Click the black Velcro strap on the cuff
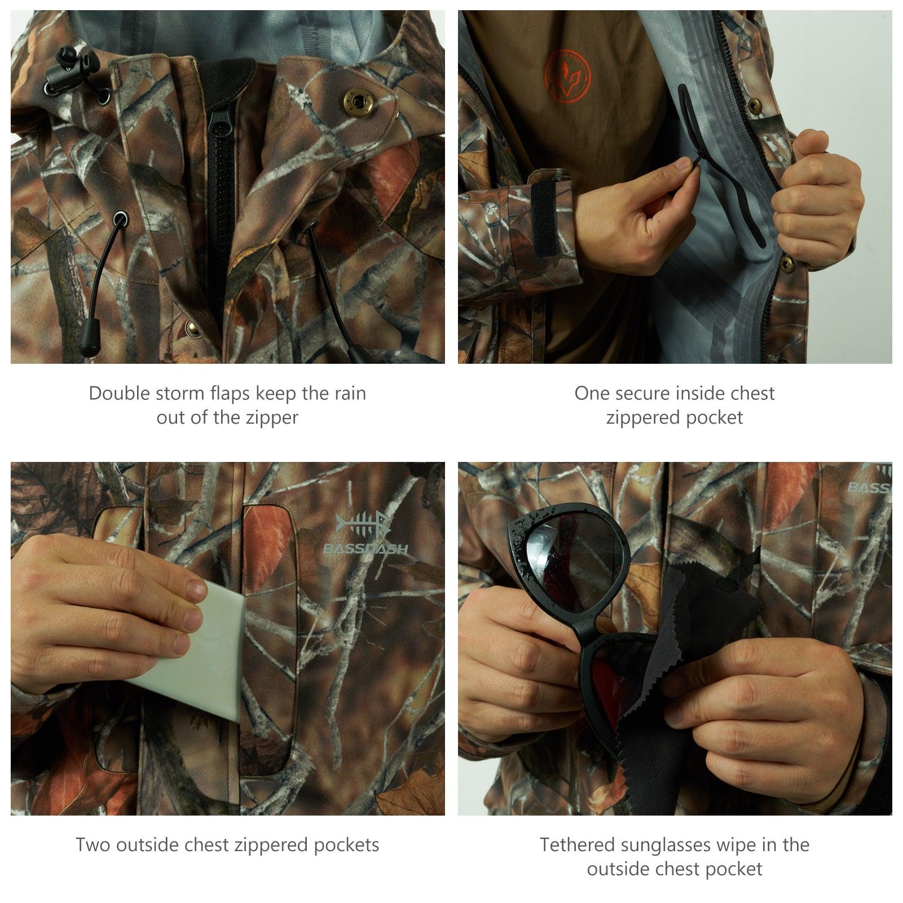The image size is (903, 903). coord(545,218)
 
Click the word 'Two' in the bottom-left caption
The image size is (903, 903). coord(92,844)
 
